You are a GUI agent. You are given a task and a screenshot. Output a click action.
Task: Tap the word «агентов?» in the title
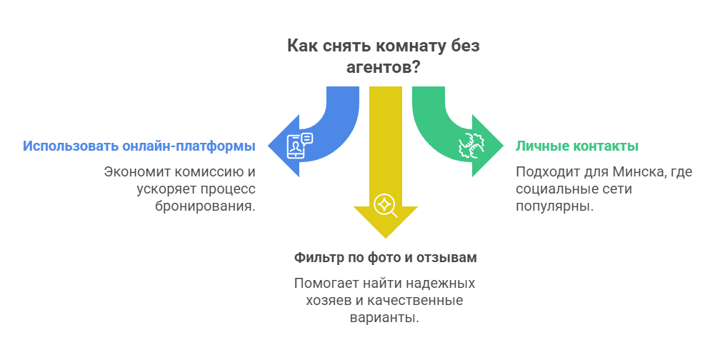click(x=383, y=67)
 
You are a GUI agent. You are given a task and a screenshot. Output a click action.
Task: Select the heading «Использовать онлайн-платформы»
click(x=139, y=146)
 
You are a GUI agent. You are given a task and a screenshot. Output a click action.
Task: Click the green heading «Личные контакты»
click(x=577, y=146)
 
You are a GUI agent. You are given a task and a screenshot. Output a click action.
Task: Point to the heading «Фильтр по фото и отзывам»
click(x=385, y=256)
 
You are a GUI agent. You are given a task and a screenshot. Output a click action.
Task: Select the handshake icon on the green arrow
click(x=471, y=146)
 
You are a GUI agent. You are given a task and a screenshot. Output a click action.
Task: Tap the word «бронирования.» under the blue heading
click(x=205, y=206)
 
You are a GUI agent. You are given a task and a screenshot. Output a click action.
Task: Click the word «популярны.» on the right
click(x=554, y=206)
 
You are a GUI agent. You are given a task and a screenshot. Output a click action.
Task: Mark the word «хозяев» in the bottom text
click(x=321, y=301)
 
